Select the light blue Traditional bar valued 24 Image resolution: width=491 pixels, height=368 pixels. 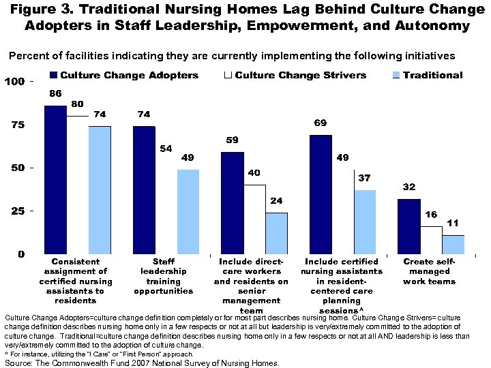(x=276, y=233)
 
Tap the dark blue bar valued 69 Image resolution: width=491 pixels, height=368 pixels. (x=321, y=194)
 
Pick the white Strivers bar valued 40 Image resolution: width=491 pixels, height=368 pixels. (x=254, y=219)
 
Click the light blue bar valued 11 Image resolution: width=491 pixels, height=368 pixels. (x=453, y=244)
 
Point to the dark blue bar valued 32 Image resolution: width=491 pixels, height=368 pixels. (x=409, y=226)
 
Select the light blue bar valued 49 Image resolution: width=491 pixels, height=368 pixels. (x=188, y=211)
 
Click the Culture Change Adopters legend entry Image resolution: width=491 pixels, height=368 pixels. (x=123, y=75)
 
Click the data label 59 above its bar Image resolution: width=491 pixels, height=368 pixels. (x=232, y=140)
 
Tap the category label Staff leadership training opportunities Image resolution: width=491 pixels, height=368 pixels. (x=164, y=276)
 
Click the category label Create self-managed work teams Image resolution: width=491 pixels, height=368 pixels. (x=429, y=271)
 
